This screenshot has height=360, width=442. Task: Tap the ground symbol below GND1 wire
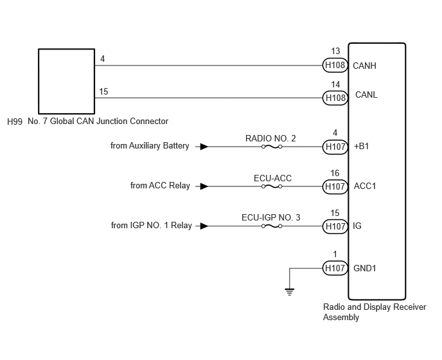tap(290, 292)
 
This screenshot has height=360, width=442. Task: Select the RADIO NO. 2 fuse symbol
tap(272, 147)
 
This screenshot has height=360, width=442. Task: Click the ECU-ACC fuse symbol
tap(272, 186)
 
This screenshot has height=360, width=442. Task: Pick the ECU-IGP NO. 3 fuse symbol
tap(272, 226)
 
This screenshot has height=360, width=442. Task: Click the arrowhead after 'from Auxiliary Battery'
tap(204, 147)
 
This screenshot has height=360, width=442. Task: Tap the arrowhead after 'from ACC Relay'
tap(204, 186)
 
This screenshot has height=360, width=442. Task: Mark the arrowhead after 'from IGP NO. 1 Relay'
tap(204, 226)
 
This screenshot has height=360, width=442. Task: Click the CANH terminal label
tap(364, 66)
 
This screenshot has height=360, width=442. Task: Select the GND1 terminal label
tap(365, 268)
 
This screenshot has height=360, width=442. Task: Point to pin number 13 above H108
tap(335, 51)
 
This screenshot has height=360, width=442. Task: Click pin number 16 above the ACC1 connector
tap(335, 173)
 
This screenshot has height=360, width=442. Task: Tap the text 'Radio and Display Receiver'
tap(375, 307)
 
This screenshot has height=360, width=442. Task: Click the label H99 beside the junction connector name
tap(15, 122)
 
